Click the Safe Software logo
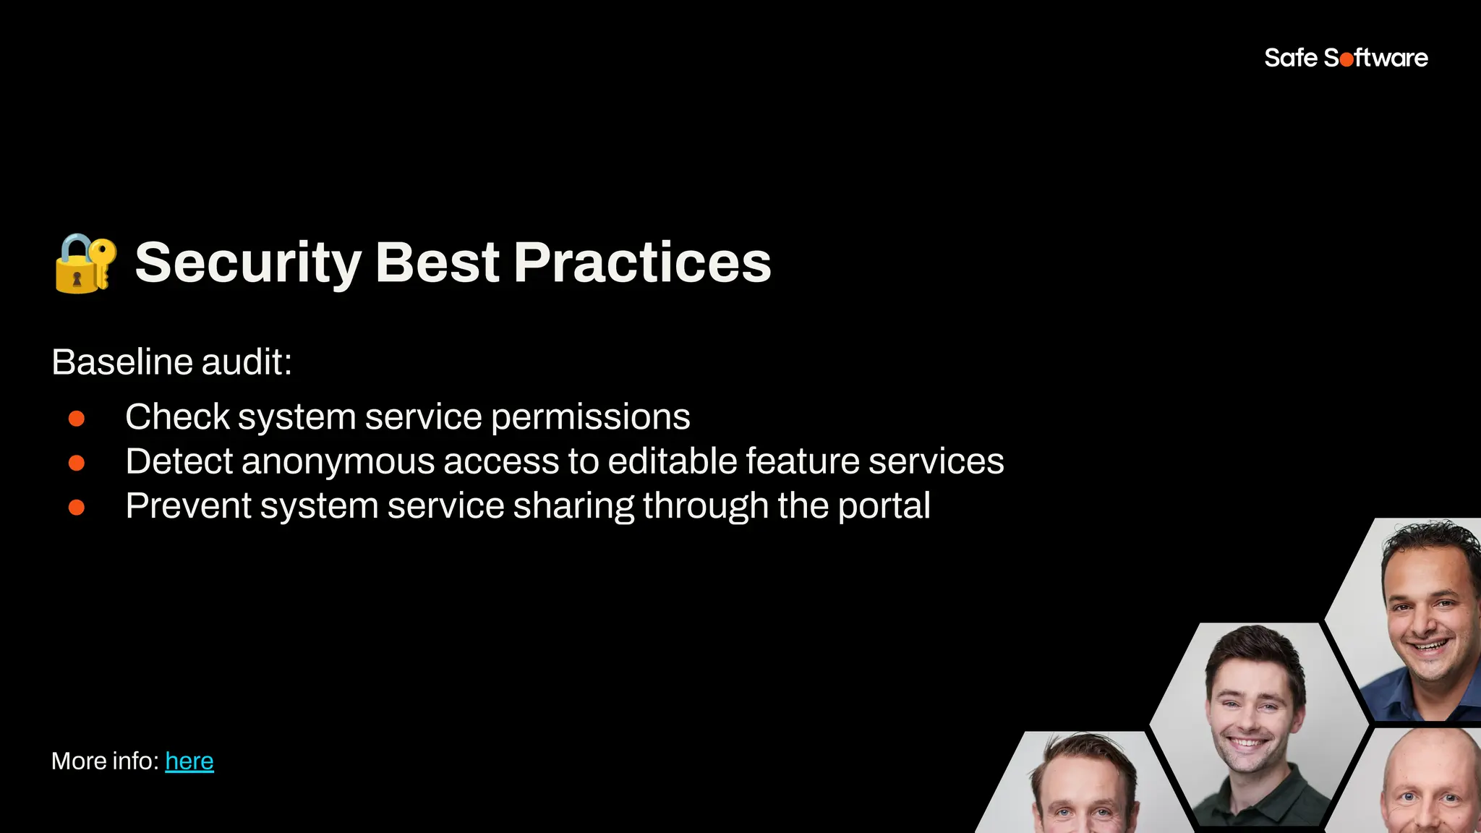coord(1345,58)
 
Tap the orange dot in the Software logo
coord(1346,60)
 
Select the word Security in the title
coord(247,263)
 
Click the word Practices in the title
coord(642,262)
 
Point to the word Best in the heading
coord(437,262)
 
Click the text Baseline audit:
coord(171,362)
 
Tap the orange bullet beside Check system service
coord(77,419)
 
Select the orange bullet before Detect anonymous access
coord(77,463)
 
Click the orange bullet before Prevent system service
coord(77,508)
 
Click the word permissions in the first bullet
coord(590,418)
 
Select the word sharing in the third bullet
coord(573,506)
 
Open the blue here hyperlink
coord(189,761)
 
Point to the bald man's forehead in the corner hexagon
coord(1428,759)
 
